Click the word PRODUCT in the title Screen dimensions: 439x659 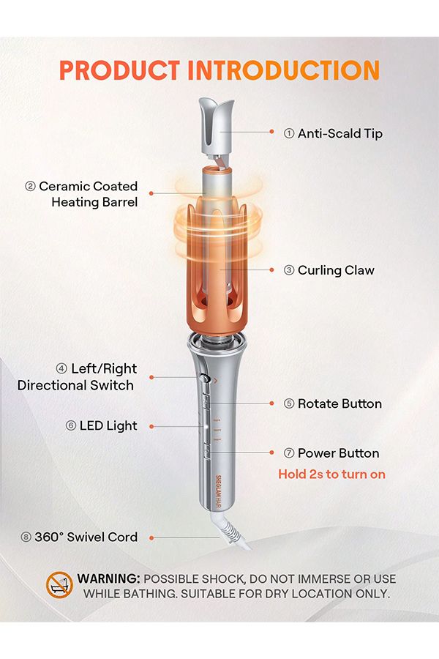(x=120, y=70)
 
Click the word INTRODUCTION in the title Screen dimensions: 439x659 (x=284, y=70)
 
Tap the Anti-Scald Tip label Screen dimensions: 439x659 (x=333, y=134)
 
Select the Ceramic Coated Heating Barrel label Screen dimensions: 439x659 (x=81, y=194)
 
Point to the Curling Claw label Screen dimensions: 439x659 (x=329, y=270)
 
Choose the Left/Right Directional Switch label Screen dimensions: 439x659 (x=77, y=377)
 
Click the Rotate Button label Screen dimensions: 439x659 (x=333, y=404)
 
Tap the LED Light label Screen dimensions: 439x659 (x=101, y=425)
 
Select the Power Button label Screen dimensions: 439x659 (x=331, y=453)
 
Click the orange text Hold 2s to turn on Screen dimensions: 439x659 (x=332, y=474)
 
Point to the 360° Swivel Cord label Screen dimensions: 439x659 (x=79, y=537)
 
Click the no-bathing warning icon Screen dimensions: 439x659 (x=59, y=584)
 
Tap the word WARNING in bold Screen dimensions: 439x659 (x=108, y=578)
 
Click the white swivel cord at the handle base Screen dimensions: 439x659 (x=231, y=529)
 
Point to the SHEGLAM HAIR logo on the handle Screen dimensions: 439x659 (x=218, y=492)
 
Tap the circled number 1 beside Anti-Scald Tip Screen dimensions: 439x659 (x=289, y=134)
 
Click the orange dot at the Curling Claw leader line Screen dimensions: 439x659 (x=271, y=269)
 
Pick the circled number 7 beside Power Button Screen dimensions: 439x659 (x=289, y=453)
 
